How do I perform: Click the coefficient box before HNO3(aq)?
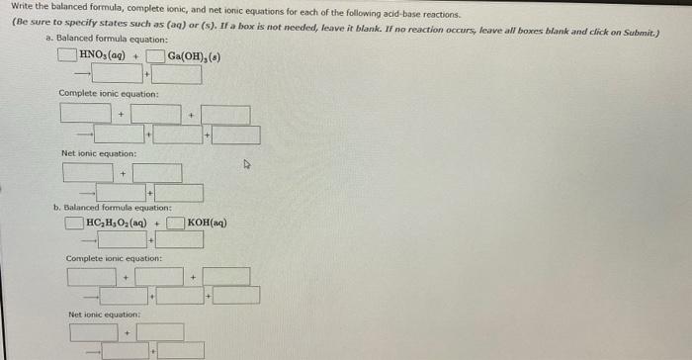click(66, 53)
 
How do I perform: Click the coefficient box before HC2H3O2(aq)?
click(75, 222)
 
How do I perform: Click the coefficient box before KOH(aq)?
click(175, 222)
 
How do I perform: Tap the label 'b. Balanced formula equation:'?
click(112, 208)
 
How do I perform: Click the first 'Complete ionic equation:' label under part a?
click(108, 93)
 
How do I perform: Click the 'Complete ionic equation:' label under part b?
click(114, 258)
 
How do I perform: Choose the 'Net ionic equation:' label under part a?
click(99, 153)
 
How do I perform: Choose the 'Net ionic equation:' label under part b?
click(105, 315)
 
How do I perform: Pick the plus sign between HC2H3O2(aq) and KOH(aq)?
click(157, 223)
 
